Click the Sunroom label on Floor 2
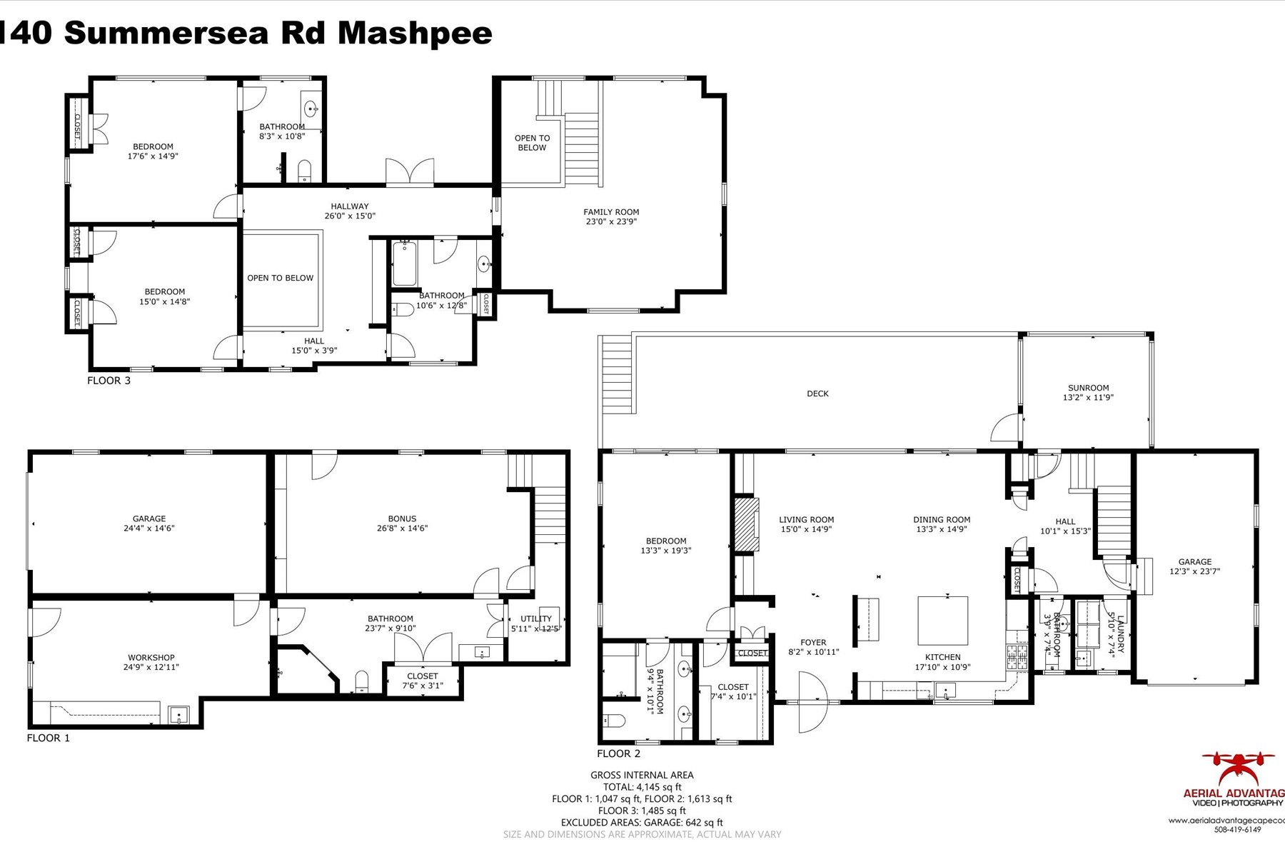coord(1088,389)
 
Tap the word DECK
coord(817,394)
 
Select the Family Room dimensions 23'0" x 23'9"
coord(611,221)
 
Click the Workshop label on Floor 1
coord(151,658)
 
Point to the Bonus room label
coord(402,519)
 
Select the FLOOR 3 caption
coord(109,381)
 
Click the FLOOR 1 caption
coord(48,738)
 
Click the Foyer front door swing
coord(812,703)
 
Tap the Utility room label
coord(536,619)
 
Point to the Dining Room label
coord(941,520)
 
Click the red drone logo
coord(1238,768)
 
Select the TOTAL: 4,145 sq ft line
coord(642,787)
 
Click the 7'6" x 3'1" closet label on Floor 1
coord(422,681)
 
